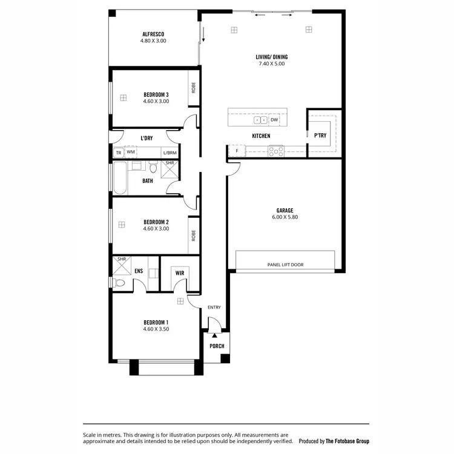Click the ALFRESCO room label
coord(153,34)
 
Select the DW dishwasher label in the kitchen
coord(274,120)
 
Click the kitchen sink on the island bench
coord(261,120)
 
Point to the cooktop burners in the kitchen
coord(275,151)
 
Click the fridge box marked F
coord(237,151)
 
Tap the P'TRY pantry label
coord(320,136)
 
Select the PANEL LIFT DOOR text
coord(285,265)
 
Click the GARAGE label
coord(285,211)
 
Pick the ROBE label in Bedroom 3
coord(193,89)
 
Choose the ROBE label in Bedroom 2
coord(193,235)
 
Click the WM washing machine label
coord(130,152)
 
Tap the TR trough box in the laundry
coord(119,153)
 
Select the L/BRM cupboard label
coord(170,153)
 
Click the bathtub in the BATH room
coord(120,179)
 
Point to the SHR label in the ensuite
coord(122,259)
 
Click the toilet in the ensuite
coord(119,283)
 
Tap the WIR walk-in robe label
coord(180,273)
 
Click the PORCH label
coord(217,346)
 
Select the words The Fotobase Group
coord(347,441)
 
